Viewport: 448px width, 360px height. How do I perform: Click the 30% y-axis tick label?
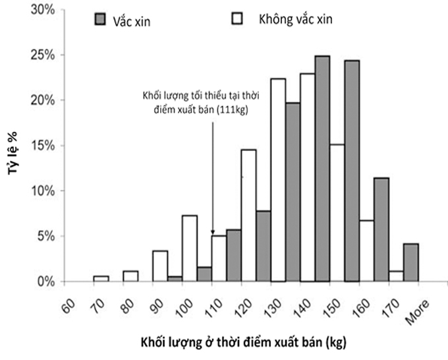coord(43,10)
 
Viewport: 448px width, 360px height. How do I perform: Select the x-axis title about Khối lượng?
coord(241,343)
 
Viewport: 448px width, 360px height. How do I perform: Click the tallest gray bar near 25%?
coord(322,168)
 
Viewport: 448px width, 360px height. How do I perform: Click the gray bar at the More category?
coord(411,262)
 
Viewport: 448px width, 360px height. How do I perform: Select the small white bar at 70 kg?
coord(101,279)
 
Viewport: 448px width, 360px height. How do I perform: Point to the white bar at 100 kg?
coord(190,248)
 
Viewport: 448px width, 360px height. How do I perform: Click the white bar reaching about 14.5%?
coord(248,215)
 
